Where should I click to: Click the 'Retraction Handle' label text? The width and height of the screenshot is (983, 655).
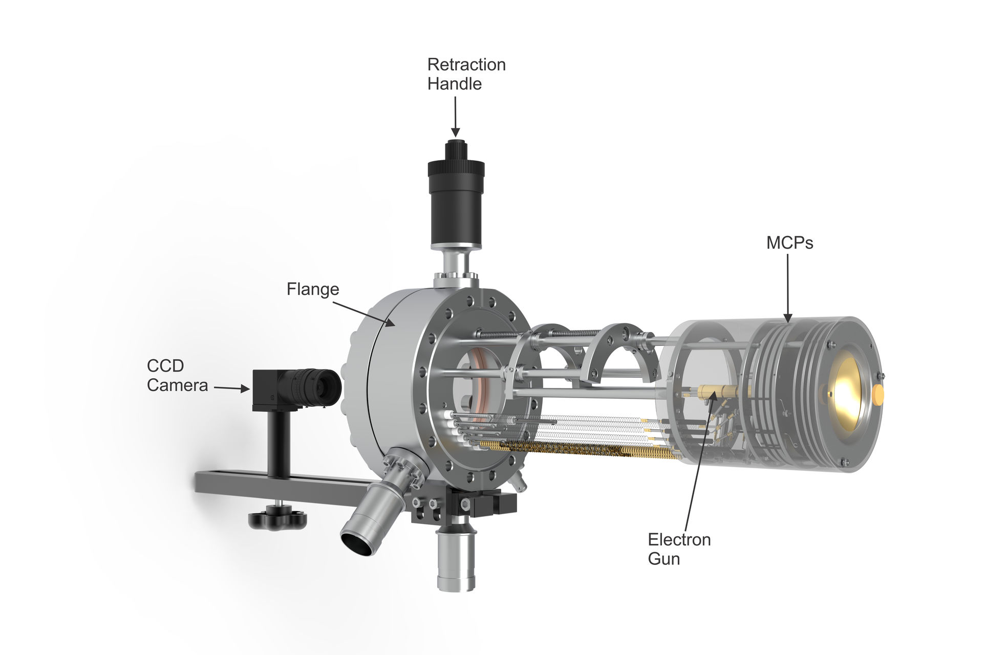[x=466, y=74]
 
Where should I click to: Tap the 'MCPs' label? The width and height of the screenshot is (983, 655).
[x=789, y=243]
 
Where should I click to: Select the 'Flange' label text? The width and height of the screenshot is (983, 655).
[x=313, y=290]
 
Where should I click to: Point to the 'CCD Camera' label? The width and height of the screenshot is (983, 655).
[x=177, y=376]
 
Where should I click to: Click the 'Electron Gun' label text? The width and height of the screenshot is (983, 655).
[x=679, y=549]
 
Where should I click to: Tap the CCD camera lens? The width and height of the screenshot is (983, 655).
[x=315, y=387]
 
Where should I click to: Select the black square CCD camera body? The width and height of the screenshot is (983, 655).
[x=266, y=390]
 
